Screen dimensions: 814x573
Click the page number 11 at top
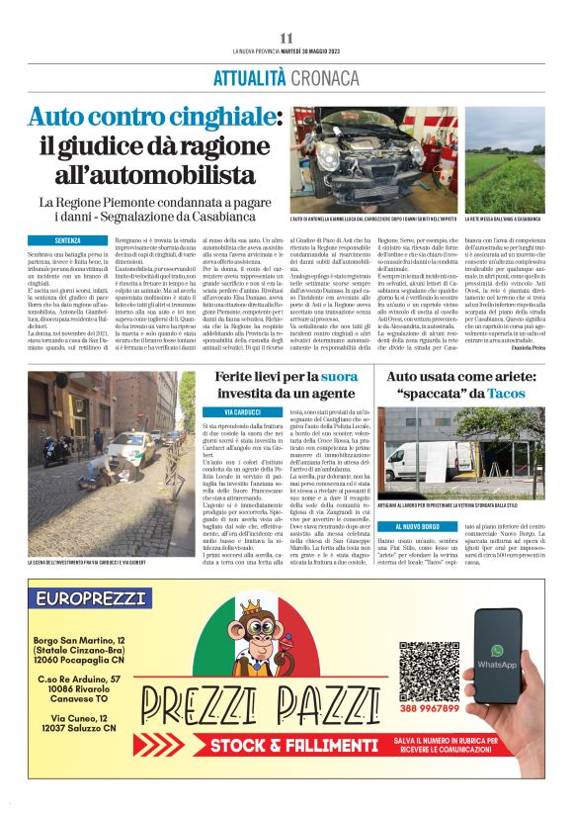(286, 38)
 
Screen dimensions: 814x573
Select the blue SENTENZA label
(68, 240)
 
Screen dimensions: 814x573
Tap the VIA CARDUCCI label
(241, 410)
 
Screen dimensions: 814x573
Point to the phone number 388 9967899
(429, 709)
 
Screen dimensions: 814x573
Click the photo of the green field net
(504, 159)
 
